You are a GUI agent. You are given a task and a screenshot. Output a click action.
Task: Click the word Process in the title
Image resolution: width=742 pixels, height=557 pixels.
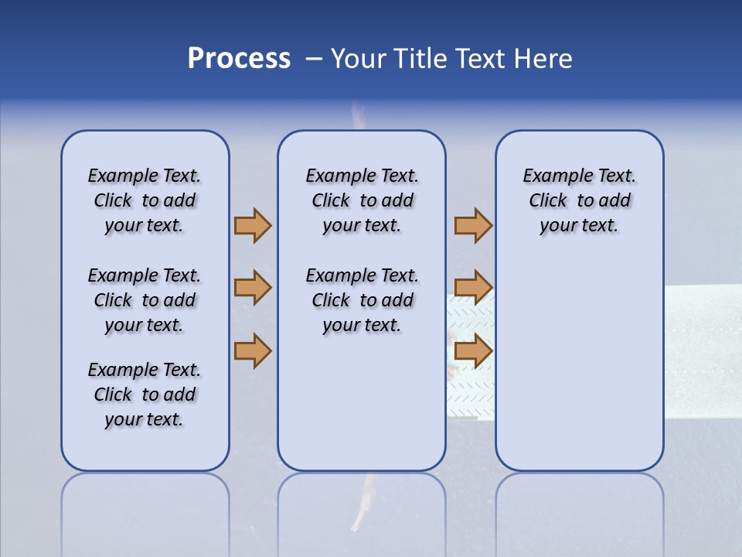point(239,59)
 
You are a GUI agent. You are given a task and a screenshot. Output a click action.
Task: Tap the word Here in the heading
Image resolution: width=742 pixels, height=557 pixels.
point(545,59)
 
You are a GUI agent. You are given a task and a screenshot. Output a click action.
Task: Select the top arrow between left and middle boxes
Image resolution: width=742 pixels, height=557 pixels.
point(252,225)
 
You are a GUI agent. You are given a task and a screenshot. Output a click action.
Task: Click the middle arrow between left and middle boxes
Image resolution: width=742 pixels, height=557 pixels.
point(252,288)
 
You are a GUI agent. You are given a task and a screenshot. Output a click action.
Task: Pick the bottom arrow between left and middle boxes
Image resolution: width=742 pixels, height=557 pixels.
point(252,350)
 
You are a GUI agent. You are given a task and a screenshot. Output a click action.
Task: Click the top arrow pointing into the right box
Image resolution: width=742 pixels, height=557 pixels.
point(473,225)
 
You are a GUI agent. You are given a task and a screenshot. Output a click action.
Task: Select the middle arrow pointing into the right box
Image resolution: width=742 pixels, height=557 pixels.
point(473,288)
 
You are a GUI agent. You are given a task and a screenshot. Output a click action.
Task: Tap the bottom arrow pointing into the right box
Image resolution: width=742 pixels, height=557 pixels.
point(473,350)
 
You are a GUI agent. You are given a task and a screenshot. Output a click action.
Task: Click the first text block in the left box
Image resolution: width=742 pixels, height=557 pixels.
point(145,200)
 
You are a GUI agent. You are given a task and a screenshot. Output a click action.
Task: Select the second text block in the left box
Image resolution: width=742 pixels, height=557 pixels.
point(145,300)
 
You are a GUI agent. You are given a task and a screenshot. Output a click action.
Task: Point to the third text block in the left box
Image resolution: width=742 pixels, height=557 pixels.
point(145,395)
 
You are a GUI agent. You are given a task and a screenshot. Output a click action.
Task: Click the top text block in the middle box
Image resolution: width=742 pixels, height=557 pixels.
point(362,200)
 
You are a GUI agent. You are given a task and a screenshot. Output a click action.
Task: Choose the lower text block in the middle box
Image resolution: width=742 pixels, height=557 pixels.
point(362,300)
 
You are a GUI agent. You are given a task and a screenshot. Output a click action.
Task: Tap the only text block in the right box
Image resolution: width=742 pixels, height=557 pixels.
point(579,200)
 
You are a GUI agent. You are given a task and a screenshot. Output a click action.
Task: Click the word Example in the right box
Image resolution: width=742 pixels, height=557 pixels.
point(553,176)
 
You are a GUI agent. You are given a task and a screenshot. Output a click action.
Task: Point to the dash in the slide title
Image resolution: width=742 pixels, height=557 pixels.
point(314,60)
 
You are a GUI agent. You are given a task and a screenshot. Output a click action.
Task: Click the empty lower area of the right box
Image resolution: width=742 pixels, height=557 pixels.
point(579,364)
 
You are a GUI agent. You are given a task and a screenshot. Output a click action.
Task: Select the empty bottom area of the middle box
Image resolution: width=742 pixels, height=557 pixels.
point(362,410)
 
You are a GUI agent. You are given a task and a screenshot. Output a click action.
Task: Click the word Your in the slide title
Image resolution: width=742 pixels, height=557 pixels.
point(359,59)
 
